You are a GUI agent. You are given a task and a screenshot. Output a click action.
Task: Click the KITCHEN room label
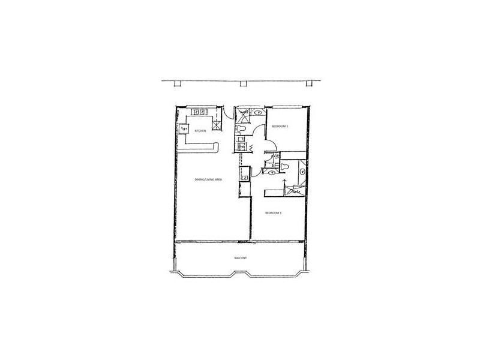(200, 130)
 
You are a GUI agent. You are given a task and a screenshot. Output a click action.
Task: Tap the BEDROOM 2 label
(280, 127)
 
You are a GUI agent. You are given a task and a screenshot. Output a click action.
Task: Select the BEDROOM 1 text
(274, 212)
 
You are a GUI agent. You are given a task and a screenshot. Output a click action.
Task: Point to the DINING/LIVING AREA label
(205, 179)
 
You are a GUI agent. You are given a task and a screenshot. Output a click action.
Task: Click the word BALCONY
(242, 258)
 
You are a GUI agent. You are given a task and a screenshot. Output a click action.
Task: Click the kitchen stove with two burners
(199, 112)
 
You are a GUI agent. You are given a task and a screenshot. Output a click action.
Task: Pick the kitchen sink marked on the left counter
(184, 128)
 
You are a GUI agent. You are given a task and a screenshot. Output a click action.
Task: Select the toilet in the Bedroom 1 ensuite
(285, 166)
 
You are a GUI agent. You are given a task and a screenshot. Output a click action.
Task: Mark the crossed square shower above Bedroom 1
(293, 191)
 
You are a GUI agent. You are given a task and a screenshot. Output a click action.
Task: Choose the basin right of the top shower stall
(258, 112)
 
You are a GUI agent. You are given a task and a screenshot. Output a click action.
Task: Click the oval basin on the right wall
(302, 172)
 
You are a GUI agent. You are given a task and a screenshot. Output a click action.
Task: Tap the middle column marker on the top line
(242, 83)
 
